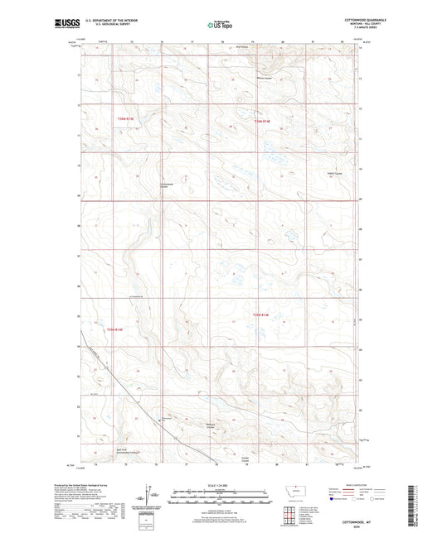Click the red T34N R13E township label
tap(124, 119)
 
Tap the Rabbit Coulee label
tap(333, 173)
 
